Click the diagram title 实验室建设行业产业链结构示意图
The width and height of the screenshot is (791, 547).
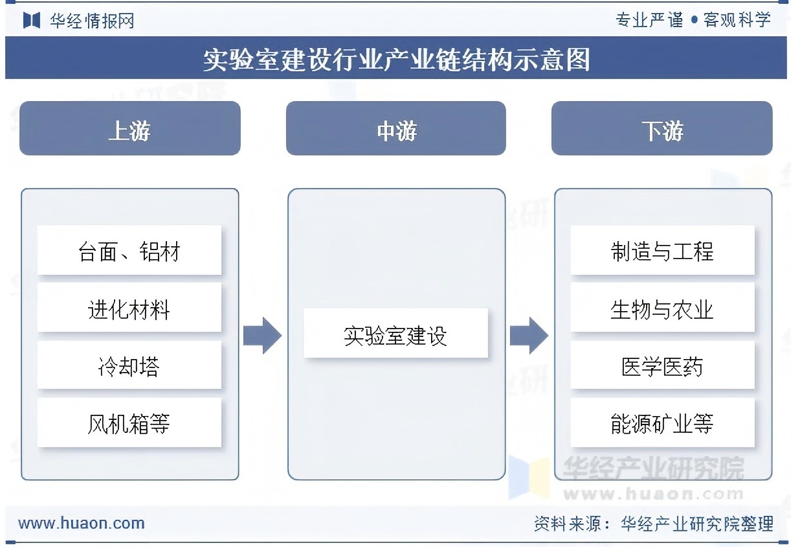pyautogui.click(x=396, y=60)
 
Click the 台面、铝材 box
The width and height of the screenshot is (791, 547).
pyautogui.click(x=129, y=251)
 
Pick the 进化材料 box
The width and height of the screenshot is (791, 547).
pyautogui.click(x=129, y=308)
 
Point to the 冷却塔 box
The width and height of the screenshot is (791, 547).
pyautogui.click(x=129, y=366)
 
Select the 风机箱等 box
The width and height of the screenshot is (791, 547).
pyautogui.click(x=129, y=423)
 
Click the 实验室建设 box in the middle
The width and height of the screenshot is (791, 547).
pyautogui.click(x=395, y=334)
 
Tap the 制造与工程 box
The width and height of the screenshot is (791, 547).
pyautogui.click(x=662, y=251)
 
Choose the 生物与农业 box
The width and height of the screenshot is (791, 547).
pyautogui.click(x=662, y=308)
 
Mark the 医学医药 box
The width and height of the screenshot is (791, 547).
pyautogui.click(x=662, y=366)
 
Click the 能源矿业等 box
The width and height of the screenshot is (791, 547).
pyautogui.click(x=662, y=423)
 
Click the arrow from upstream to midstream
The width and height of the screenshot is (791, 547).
pyautogui.click(x=262, y=336)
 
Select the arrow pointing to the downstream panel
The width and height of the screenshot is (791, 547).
pyautogui.click(x=529, y=336)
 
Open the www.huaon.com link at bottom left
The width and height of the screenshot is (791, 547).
pyautogui.click(x=82, y=523)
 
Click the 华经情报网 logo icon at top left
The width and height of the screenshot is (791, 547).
pyautogui.click(x=32, y=20)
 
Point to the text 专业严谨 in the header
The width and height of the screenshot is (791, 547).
pyautogui.click(x=649, y=20)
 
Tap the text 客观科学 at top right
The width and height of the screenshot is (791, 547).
pyautogui.click(x=737, y=20)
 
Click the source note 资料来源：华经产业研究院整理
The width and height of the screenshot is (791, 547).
pyautogui.click(x=653, y=523)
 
